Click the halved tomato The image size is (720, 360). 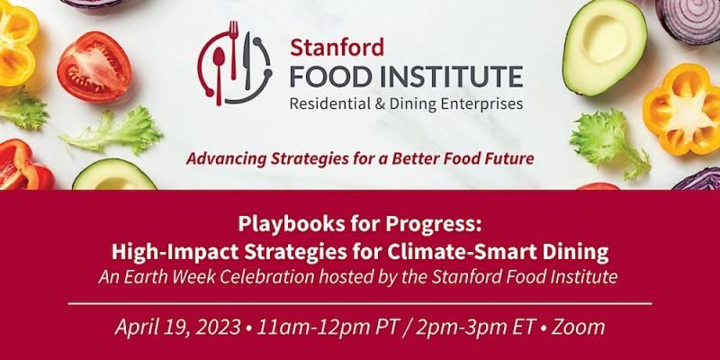click(x=94, y=67)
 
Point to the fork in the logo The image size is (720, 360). click(x=234, y=49)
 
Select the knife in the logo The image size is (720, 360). click(x=248, y=59)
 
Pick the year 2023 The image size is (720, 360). click(x=219, y=328)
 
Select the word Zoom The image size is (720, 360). click(x=578, y=328)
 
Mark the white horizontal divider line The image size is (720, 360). click(x=360, y=303)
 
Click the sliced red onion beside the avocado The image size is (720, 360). click(x=688, y=21)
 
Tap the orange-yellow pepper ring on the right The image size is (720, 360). click(x=683, y=110)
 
